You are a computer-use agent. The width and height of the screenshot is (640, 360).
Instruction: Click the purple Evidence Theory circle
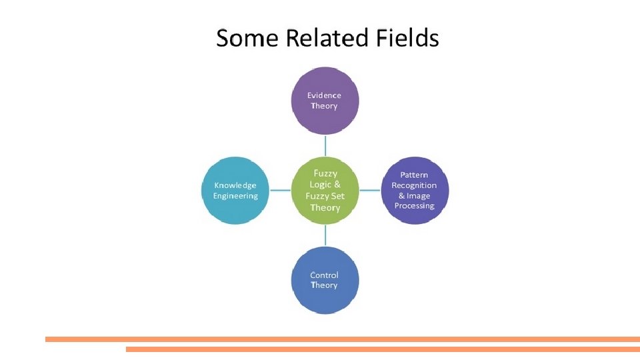(x=325, y=100)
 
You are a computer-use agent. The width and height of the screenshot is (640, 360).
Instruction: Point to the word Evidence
(x=324, y=95)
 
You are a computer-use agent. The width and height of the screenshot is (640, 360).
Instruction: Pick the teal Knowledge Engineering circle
(x=235, y=191)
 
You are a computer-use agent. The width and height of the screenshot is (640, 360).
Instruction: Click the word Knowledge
(x=235, y=185)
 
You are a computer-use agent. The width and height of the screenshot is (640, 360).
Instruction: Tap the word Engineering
(x=235, y=196)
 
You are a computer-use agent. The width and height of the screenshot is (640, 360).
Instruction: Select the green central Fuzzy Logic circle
(x=325, y=191)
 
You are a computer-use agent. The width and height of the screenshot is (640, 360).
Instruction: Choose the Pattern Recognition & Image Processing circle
(x=415, y=191)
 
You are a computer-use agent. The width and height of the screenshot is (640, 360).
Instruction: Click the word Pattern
(x=414, y=175)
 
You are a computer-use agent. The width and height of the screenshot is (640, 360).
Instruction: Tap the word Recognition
(x=414, y=185)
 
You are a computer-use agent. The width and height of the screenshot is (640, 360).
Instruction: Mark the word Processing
(x=414, y=206)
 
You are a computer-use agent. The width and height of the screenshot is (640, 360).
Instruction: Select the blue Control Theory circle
(x=325, y=280)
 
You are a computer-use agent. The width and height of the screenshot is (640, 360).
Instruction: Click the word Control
(x=324, y=275)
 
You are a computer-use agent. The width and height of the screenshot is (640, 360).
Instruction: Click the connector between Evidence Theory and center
(x=325, y=145)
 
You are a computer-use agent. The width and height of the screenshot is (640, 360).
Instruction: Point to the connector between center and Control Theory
(x=325, y=235)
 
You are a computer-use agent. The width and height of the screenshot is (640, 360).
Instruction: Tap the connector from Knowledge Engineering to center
(x=280, y=191)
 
